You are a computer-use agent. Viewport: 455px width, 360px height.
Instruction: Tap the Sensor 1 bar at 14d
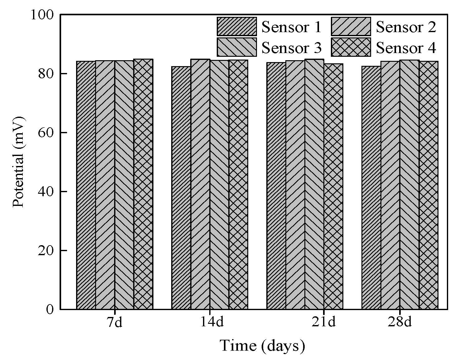tap(181, 188)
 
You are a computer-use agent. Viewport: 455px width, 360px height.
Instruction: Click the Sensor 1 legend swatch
tap(237, 27)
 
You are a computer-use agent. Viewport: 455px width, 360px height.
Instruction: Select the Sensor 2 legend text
tap(406, 27)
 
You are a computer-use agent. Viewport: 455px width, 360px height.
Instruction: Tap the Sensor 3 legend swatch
tap(237, 47)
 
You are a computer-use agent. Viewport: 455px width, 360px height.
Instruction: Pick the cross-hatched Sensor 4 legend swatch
tap(351, 47)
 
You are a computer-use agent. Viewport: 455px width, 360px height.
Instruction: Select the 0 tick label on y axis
tap(50, 309)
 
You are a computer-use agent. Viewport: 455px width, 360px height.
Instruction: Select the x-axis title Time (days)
tap(262, 346)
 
